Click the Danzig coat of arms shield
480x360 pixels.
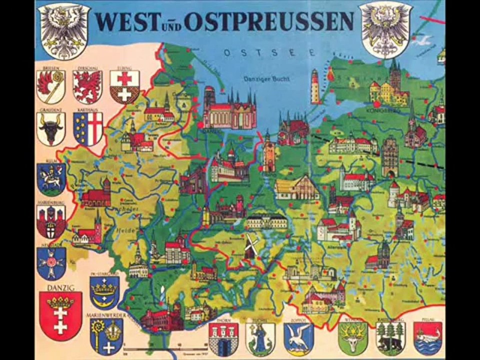(x=60, y=315)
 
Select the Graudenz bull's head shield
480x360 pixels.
(x=51, y=128)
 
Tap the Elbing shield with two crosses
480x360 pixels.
(x=124, y=86)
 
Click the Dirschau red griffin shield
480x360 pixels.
(x=87, y=86)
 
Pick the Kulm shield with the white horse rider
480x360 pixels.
(x=51, y=178)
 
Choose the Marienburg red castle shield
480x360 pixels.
(x=51, y=221)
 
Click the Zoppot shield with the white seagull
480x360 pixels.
(x=298, y=338)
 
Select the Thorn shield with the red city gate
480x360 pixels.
(x=222, y=338)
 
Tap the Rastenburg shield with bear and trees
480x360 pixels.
(x=390, y=338)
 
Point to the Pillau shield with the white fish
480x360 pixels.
(x=428, y=338)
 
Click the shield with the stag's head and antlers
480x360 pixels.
(x=352, y=338)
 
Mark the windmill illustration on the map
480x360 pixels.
(x=250, y=246)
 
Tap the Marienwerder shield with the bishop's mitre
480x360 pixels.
(x=106, y=336)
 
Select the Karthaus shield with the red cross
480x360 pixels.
(x=88, y=128)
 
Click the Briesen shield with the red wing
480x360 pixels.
(x=51, y=86)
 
